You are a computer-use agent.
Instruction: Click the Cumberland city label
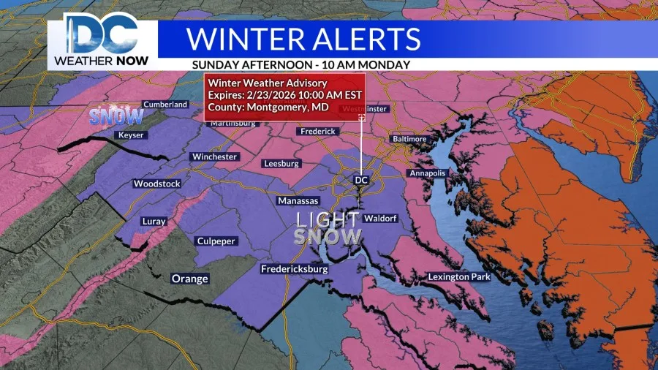165,105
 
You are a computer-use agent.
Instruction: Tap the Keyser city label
130,135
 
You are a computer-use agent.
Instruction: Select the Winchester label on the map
213,156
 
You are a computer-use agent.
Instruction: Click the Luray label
154,221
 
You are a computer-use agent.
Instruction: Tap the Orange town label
189,279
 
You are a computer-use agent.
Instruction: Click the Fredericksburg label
295,269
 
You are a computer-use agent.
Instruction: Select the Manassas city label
298,200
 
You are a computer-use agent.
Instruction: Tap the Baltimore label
409,138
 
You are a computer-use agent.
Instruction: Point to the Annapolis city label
426,173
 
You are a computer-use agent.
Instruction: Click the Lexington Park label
460,276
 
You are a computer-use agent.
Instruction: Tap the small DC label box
360,179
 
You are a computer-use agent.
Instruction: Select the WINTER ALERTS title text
304,37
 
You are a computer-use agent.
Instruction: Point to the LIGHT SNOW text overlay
328,227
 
